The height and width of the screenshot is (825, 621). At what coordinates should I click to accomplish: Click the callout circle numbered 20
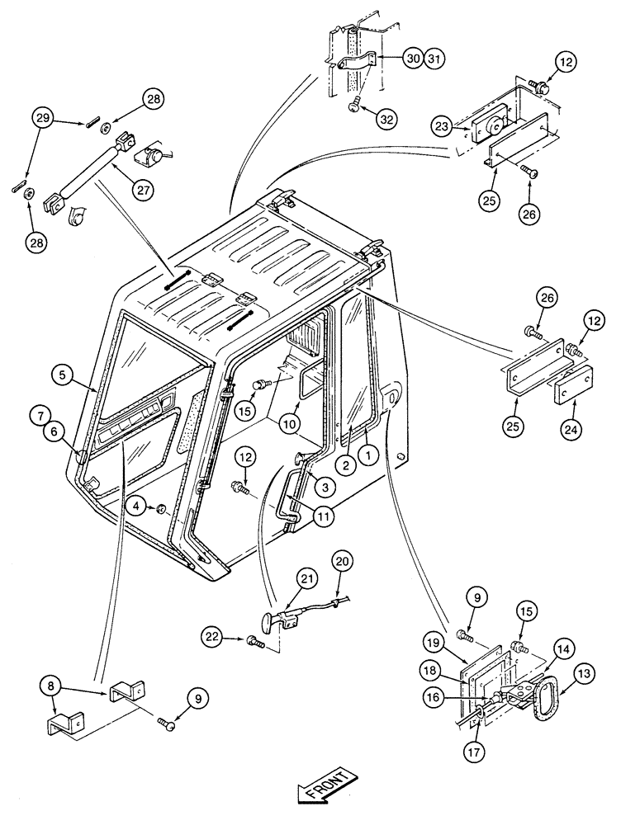click(x=343, y=561)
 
